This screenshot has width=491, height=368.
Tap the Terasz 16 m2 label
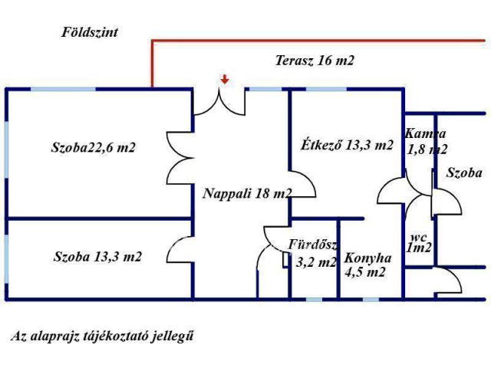pos(315,61)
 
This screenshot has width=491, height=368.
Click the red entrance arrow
pos(224,78)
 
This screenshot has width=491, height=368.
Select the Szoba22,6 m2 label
pos(94,147)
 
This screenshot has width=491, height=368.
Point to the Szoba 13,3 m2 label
pos(97,256)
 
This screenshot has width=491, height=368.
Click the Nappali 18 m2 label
pos(246,194)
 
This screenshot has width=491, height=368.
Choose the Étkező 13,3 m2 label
pos(347,145)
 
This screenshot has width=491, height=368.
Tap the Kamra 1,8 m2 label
pos(426,141)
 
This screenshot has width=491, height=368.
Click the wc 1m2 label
pos(418,242)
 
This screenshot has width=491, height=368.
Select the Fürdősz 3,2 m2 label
pos(314,254)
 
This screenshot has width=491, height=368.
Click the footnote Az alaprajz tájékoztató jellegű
pos(101,336)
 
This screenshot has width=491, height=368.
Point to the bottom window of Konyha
pos(371,299)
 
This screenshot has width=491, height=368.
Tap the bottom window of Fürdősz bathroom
pos(314,299)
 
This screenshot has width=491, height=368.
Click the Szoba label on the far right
pos(464,173)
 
